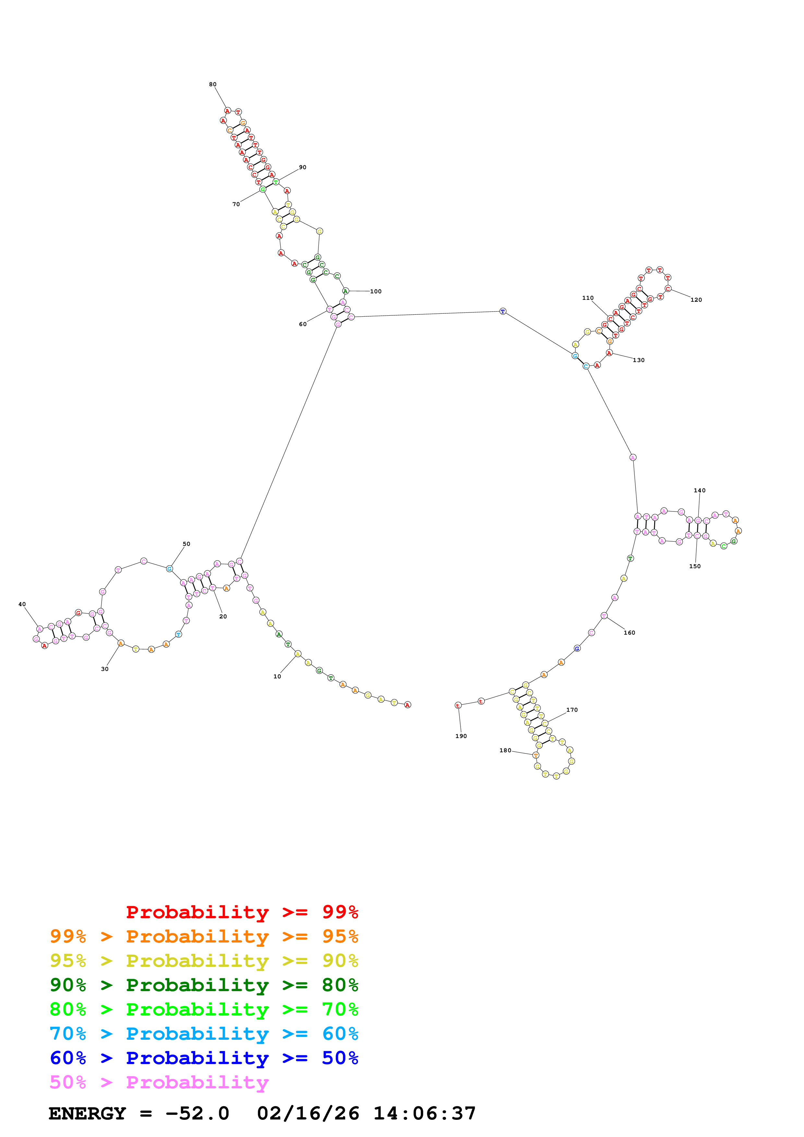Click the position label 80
tap(212, 85)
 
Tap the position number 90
tap(303, 167)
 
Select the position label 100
tap(376, 292)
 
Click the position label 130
tap(639, 360)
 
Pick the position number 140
tap(700, 491)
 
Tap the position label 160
tap(629, 633)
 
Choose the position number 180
tap(505, 751)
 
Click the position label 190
tap(461, 736)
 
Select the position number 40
tap(22, 605)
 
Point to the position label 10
tap(277, 676)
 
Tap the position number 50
tap(186, 544)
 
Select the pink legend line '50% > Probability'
tap(159, 1083)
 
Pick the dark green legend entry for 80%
tap(204, 985)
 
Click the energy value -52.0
tap(197, 1114)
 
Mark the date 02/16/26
tap(308, 1114)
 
